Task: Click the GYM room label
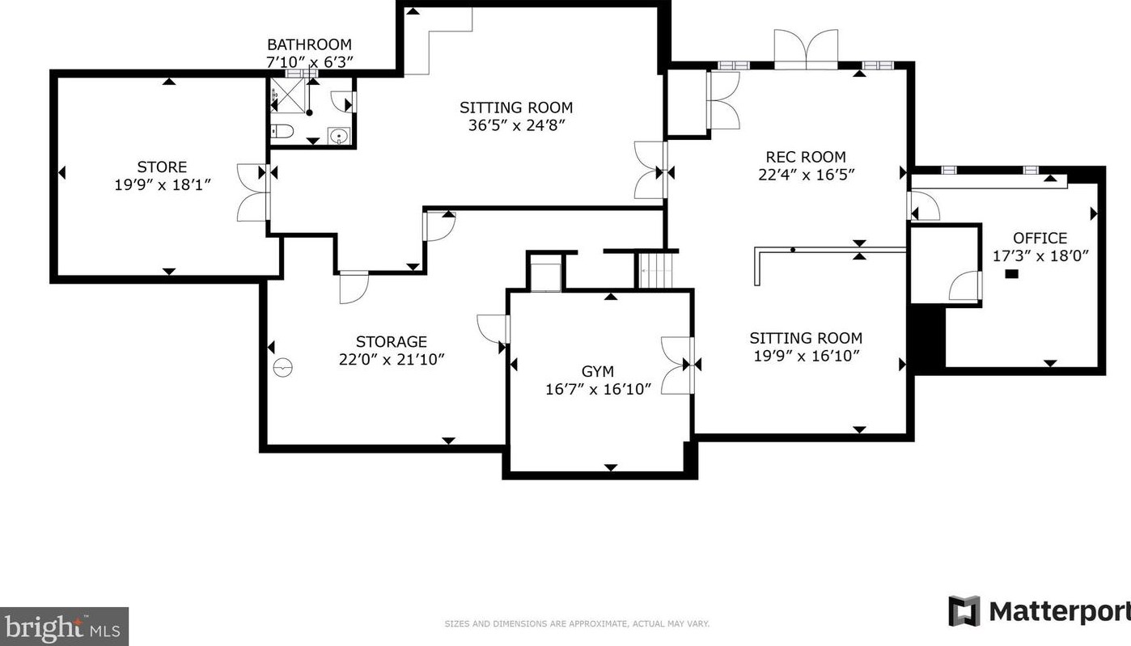[x=598, y=371]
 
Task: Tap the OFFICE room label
[x=1040, y=238]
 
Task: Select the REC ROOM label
[x=806, y=157]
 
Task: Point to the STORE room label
[x=162, y=167]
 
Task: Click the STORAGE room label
[x=392, y=342]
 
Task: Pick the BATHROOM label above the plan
[x=310, y=44]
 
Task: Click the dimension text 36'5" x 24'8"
[x=516, y=125]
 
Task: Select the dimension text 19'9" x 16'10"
[x=807, y=357]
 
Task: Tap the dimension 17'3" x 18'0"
[x=1040, y=255]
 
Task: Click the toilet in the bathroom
[x=282, y=131]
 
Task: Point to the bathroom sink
[x=338, y=135]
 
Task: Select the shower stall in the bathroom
[x=288, y=95]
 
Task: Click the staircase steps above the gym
[x=656, y=271]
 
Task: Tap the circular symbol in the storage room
[x=283, y=367]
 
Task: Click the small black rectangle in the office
[x=1011, y=274]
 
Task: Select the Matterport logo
[x=1039, y=611]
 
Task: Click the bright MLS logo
[x=64, y=627]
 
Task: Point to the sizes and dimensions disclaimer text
[x=577, y=624]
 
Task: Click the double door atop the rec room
[x=807, y=49]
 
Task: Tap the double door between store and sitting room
[x=253, y=192]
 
